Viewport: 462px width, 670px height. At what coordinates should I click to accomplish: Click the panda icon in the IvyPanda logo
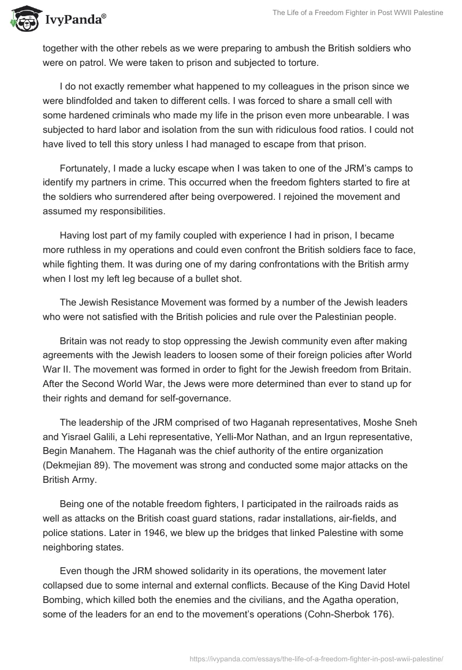click(23, 19)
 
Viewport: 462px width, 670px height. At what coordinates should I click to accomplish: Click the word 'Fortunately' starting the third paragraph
click(86, 168)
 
